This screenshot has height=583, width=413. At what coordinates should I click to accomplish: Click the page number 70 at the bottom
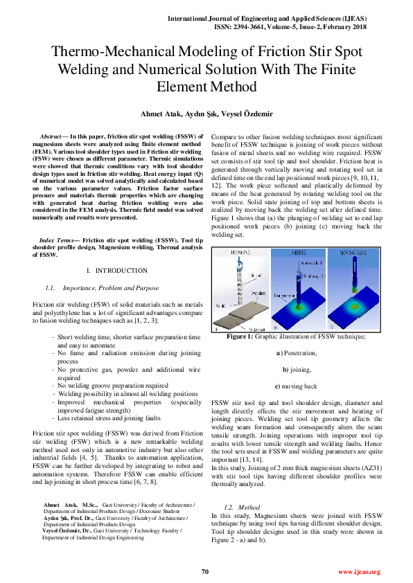(204, 571)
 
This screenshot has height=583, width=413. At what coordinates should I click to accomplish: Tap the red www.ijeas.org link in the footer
(359, 571)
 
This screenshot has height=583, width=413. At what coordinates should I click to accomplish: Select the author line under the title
(206, 113)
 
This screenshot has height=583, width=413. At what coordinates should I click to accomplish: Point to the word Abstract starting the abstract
(55, 135)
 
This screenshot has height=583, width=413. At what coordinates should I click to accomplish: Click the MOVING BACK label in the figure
(349, 254)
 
